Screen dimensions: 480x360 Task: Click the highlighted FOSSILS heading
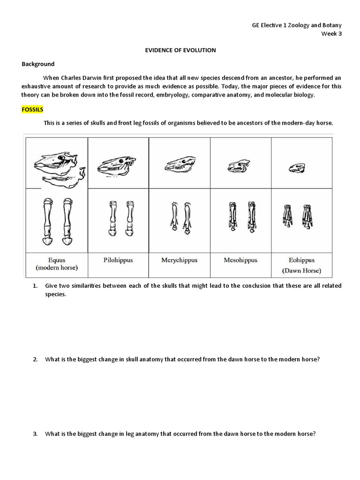coord(32,109)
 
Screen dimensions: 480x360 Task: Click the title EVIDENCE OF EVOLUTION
coord(180,50)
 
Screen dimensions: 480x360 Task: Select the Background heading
coord(38,64)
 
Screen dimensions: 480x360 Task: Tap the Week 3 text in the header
coord(331,33)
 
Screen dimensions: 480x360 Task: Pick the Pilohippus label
coord(118,260)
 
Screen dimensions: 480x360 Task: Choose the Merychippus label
coord(180,260)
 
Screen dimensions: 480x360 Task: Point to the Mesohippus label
coord(240,260)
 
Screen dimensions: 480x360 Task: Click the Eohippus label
coord(301,260)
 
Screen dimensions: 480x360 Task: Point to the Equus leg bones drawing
coord(56,221)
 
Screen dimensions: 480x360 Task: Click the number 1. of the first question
coord(35,285)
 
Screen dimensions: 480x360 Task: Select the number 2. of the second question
coord(35,360)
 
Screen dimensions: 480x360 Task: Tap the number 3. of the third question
coord(35,434)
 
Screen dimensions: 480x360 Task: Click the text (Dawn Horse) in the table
coord(301,270)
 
